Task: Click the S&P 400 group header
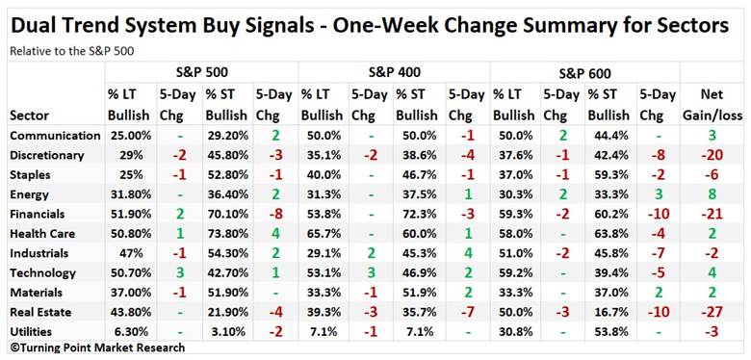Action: [x=395, y=73]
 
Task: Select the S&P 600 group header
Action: [x=584, y=73]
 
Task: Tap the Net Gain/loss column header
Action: [x=712, y=104]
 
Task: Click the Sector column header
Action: [x=29, y=116]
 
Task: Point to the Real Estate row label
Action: [x=40, y=312]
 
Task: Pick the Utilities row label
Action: [x=31, y=332]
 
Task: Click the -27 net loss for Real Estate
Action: [x=712, y=312]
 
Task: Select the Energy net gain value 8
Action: [x=712, y=194]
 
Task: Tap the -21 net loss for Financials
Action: [x=712, y=214]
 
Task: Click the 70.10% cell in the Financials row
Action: [x=227, y=214]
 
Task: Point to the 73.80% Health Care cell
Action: [x=227, y=234]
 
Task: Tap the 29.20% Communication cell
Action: [x=227, y=136]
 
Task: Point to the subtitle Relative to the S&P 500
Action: [x=72, y=51]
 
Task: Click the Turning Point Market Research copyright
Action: [x=96, y=347]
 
